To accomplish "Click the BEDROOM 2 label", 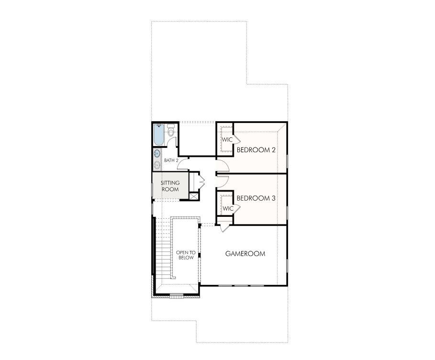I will tap(256, 150).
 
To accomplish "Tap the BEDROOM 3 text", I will tap(256, 197).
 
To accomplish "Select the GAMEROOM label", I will tap(245, 254).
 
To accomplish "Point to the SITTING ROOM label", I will tap(169, 186).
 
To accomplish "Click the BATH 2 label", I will tap(171, 160).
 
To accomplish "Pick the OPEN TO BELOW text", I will tap(185, 255).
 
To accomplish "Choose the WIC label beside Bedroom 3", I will tap(228, 208).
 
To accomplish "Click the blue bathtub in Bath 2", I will tap(159, 135).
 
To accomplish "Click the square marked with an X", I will tap(193, 196).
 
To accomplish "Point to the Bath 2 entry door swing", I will tap(186, 165).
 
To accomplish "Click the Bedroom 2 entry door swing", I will tap(222, 165).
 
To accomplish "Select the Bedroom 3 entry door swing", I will tap(222, 181).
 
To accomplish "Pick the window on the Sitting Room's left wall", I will tap(152, 187).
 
